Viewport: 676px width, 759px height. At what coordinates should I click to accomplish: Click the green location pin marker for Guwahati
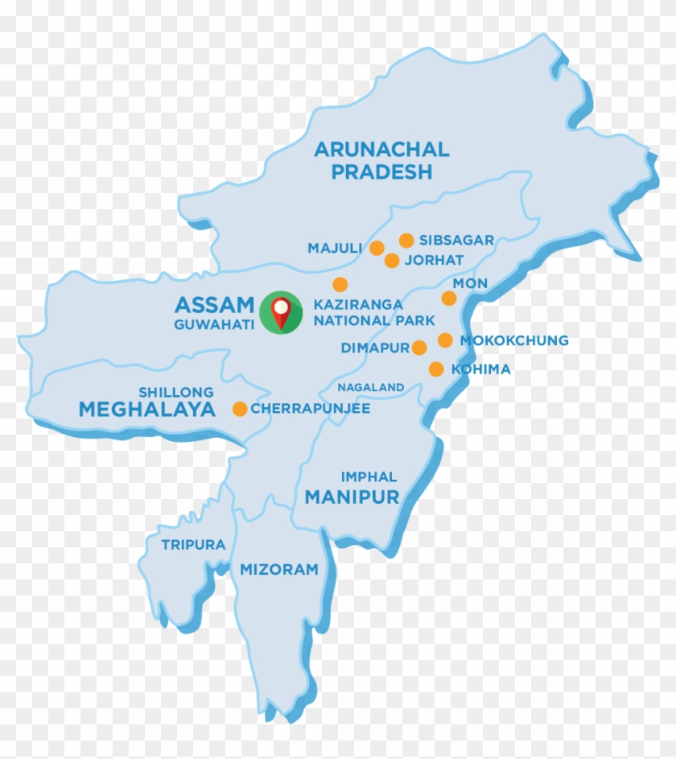(x=280, y=311)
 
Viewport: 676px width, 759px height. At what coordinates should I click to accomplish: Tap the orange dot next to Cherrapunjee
(x=240, y=409)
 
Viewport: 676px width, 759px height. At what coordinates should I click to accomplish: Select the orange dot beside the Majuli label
(x=377, y=248)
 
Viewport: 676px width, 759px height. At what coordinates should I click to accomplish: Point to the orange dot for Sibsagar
(x=406, y=240)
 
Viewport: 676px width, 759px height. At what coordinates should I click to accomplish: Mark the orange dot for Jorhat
(x=392, y=260)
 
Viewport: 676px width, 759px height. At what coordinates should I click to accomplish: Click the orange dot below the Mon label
(x=449, y=299)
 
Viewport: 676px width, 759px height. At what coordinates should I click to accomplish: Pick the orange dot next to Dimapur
(x=419, y=348)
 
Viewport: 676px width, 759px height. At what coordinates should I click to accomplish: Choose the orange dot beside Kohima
(x=436, y=369)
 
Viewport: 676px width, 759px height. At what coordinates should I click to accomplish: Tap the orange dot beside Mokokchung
(x=445, y=340)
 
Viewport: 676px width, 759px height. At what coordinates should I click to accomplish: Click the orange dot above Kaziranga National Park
(x=340, y=284)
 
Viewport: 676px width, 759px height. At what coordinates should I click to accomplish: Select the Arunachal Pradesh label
(x=381, y=160)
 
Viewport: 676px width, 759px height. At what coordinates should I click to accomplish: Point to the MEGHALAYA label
(x=147, y=410)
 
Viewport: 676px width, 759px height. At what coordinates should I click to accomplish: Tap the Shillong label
(x=176, y=392)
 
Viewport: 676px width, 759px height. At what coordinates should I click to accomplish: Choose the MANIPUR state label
(x=352, y=497)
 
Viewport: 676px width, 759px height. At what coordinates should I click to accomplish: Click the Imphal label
(x=369, y=476)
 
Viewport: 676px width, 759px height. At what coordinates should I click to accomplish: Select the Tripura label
(x=193, y=545)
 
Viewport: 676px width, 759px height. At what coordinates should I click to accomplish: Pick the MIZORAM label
(x=279, y=570)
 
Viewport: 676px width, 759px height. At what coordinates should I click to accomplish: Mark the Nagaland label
(x=370, y=387)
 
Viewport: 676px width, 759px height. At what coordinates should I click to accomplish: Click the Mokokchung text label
(x=514, y=340)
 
